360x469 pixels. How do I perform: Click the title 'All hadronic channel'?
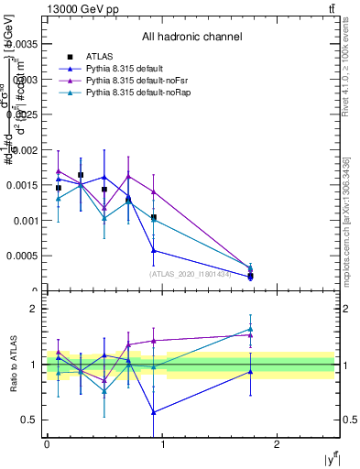tap(191, 38)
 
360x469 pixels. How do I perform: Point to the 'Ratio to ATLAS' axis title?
tap(11, 365)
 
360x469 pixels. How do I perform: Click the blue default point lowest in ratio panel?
tap(154, 412)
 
